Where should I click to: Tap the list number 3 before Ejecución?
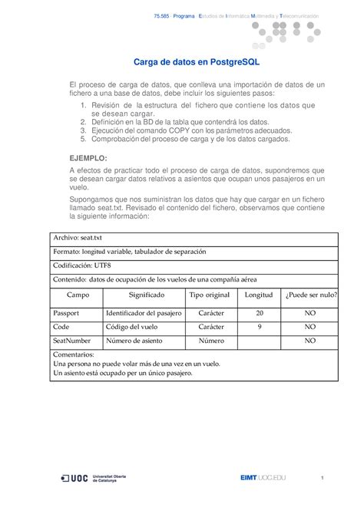[x=83, y=131]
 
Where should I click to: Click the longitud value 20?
[x=260, y=313]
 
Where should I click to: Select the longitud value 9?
[x=260, y=327]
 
